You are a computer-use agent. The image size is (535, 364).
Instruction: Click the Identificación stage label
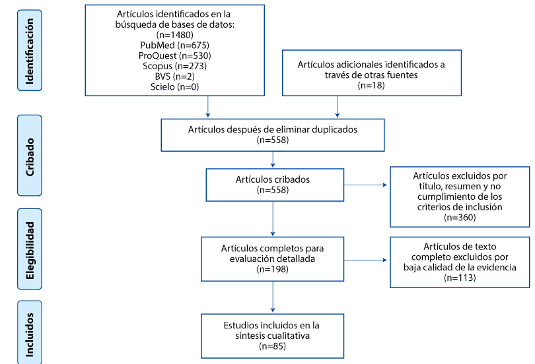click(x=30, y=50)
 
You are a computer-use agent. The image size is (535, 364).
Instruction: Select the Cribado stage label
click(x=30, y=157)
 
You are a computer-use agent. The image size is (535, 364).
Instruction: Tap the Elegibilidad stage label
click(x=30, y=251)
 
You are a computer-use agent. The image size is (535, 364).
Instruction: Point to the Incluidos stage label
click(x=30, y=335)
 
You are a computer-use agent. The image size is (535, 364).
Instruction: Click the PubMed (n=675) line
click(x=174, y=45)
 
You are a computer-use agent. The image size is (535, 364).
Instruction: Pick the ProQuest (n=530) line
click(x=174, y=55)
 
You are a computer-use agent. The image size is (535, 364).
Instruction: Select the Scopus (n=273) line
click(x=174, y=66)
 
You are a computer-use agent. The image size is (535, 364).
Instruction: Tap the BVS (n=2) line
click(x=174, y=76)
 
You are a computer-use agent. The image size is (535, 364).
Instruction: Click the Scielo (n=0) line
click(x=174, y=87)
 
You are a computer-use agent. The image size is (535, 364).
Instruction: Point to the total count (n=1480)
click(x=174, y=35)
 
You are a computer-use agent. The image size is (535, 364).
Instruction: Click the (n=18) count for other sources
click(x=371, y=85)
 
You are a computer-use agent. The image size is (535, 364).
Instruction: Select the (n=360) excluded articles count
click(x=460, y=217)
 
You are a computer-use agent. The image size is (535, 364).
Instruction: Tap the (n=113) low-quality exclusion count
click(x=460, y=278)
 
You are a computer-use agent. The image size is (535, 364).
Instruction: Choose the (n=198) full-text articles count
click(x=272, y=269)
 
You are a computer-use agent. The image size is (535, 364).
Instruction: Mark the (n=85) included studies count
click(x=272, y=346)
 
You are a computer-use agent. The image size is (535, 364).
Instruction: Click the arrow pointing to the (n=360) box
click(x=365, y=185)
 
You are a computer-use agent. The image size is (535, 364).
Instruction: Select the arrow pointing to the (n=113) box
click(x=365, y=260)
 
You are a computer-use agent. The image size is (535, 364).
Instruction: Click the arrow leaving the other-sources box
click(x=337, y=107)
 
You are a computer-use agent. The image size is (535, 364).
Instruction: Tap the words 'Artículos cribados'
click(x=273, y=179)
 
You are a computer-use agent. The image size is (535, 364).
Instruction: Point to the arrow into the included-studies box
click(x=273, y=297)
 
